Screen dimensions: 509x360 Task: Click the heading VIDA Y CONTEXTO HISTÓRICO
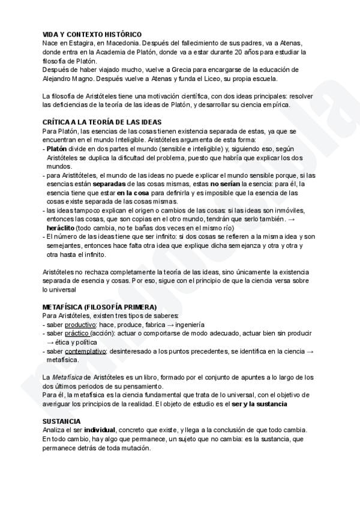(92, 35)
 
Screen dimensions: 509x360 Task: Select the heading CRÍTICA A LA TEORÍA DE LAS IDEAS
(103, 122)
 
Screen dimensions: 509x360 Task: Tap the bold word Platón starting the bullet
(57, 148)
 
